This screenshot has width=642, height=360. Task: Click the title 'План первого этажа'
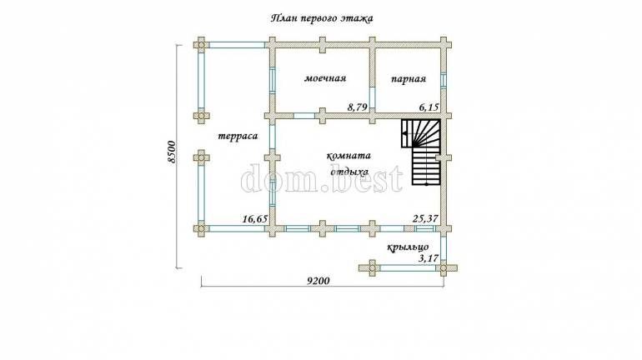322,19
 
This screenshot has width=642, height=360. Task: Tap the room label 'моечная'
325,78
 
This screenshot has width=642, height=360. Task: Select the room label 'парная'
409,79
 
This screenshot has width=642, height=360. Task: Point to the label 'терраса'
238,136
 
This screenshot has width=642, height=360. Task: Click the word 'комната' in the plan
349,156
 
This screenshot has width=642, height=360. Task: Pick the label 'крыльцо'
409,247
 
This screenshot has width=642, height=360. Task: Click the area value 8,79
358,107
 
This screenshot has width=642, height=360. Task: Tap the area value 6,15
429,107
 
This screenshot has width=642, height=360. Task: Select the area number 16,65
254,219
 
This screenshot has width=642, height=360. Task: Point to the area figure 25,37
425,219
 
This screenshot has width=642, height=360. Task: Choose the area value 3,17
429,258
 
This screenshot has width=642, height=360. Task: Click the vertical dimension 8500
172,152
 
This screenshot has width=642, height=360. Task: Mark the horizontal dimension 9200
318,281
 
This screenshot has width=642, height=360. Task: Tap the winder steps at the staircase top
420,133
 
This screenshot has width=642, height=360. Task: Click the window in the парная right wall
443,80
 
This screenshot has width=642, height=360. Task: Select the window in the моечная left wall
273,80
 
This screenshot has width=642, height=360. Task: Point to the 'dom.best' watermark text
322,179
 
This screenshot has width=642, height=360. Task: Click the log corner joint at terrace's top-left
201,44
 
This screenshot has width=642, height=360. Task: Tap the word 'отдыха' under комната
349,172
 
